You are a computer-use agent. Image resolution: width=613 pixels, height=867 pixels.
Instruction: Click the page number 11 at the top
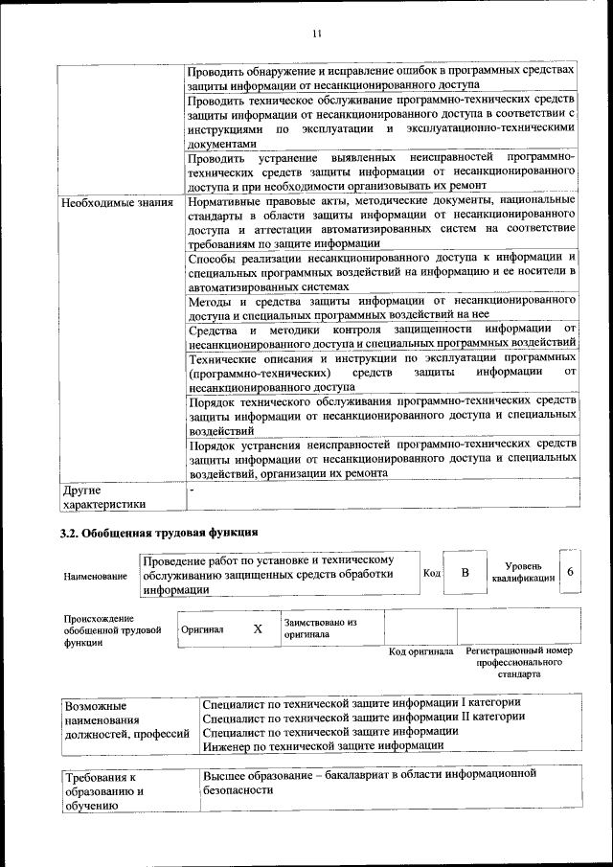click(315, 34)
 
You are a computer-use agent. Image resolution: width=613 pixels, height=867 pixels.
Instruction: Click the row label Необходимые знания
click(117, 202)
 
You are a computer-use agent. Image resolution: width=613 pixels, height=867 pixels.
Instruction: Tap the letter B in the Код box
click(465, 573)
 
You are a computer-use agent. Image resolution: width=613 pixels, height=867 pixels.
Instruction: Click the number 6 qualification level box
click(571, 572)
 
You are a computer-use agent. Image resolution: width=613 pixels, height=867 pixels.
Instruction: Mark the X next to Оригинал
click(257, 629)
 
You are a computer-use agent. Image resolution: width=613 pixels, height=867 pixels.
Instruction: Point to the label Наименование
click(95, 577)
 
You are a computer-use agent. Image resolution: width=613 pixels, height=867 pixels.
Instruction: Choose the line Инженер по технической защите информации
click(324, 743)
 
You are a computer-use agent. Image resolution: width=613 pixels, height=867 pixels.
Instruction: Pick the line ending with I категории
click(361, 702)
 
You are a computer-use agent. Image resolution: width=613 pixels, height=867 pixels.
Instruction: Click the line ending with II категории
click(364, 716)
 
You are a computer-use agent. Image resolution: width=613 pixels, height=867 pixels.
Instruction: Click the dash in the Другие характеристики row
click(192, 490)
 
